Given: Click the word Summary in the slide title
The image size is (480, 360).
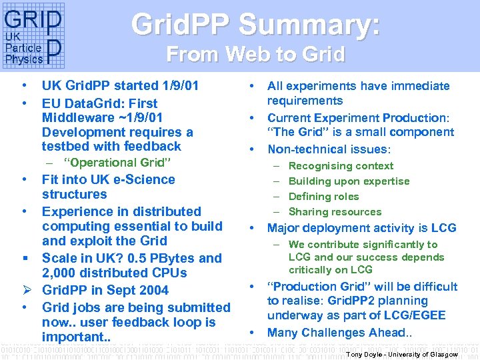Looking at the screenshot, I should tap(310, 25).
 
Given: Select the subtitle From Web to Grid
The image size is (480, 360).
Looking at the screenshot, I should tap(255, 53).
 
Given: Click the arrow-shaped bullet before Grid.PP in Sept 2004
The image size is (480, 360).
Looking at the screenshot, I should tap(23, 290).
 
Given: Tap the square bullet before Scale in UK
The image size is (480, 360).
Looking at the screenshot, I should tap(23, 258).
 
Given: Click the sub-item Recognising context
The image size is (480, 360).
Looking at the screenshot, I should tap(341, 166).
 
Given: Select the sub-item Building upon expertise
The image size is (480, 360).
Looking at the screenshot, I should tap(349, 181).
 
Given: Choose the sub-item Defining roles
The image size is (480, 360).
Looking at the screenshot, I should tap(323, 197).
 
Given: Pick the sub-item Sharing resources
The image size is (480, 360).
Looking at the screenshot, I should tap(335, 212).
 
